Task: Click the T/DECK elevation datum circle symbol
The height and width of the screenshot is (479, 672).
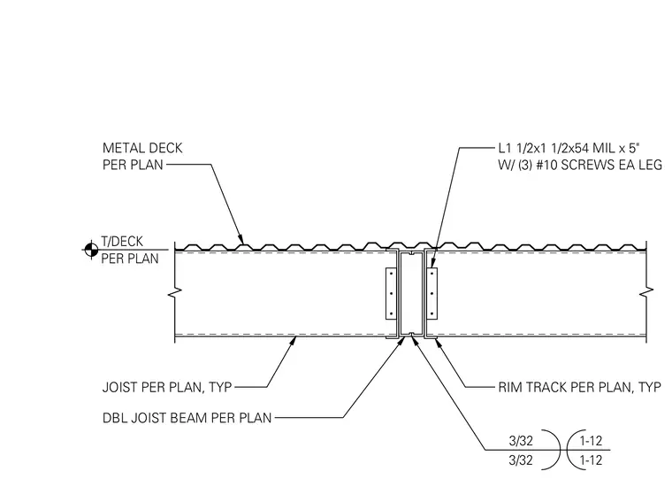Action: click(91, 250)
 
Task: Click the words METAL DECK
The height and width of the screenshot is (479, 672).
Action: click(142, 148)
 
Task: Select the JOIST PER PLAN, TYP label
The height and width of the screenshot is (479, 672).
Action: click(167, 387)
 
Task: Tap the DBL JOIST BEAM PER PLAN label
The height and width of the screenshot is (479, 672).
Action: click(187, 418)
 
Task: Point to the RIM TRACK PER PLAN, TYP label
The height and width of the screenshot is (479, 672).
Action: click(579, 387)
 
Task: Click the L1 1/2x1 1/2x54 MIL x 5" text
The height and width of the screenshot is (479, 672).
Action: click(569, 149)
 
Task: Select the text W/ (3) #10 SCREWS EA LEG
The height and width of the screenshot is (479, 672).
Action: click(580, 165)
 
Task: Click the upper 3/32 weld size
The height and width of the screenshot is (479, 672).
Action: click(521, 441)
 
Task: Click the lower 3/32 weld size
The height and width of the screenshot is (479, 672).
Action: click(521, 460)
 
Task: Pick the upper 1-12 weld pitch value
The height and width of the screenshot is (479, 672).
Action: click(591, 441)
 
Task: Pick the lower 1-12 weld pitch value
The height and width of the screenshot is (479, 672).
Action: click(591, 460)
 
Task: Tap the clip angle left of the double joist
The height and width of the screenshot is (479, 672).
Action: click(391, 294)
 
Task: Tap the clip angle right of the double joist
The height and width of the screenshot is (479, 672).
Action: click(432, 294)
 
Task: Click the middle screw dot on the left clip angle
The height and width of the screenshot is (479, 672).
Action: click(392, 294)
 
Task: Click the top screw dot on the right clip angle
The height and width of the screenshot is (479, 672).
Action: click(432, 274)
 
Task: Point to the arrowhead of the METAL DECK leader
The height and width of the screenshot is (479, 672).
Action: click(241, 239)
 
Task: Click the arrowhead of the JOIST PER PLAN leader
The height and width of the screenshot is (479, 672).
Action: click(293, 342)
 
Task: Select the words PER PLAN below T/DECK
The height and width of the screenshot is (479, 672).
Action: click(130, 259)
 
